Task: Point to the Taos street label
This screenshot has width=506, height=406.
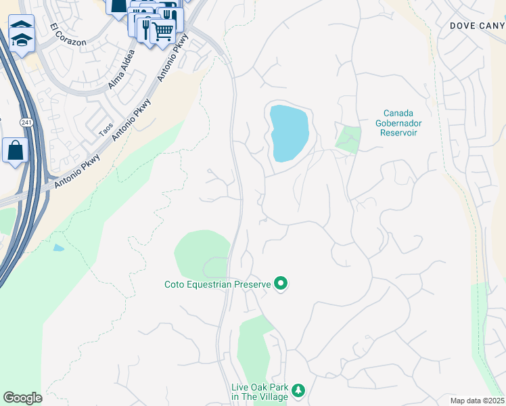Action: tap(106, 129)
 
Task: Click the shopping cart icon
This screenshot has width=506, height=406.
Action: tap(163, 30)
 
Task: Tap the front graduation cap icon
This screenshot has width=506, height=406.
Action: tap(22, 43)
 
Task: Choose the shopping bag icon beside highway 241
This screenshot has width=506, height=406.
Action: tap(15, 150)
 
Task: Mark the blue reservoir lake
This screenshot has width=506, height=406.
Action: tap(289, 132)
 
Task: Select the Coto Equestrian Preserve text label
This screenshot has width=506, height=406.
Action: tap(217, 285)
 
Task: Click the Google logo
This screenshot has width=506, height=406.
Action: tap(22, 398)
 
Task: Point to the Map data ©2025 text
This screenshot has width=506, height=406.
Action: tap(476, 401)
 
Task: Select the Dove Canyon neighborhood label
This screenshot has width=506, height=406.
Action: tap(478, 25)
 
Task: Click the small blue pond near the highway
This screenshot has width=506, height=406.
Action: tap(59, 248)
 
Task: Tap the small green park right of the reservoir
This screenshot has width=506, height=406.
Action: tap(348, 139)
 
